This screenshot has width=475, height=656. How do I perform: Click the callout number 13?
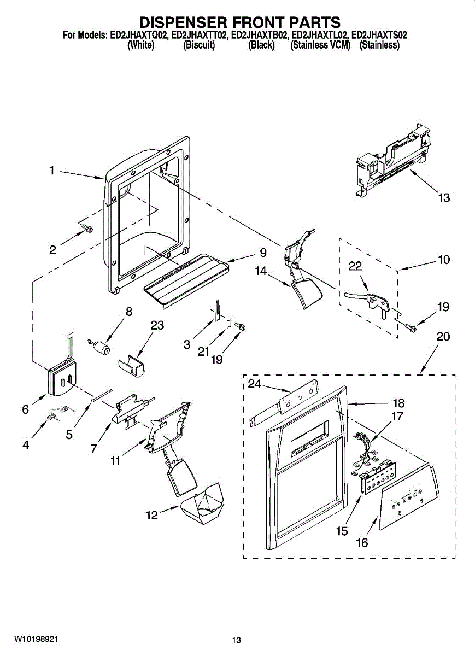(444, 197)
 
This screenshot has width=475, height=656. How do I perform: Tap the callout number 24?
(254, 384)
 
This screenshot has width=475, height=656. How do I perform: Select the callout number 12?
(151, 514)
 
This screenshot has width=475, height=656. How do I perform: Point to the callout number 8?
(129, 312)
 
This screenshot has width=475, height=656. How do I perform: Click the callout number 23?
(157, 325)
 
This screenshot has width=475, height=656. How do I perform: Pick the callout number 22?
(355, 266)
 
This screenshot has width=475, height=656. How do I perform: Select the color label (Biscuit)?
(199, 45)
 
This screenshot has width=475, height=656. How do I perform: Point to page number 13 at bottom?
(236, 640)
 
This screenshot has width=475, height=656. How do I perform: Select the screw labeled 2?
(86, 227)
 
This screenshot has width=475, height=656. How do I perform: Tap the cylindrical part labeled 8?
(101, 347)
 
